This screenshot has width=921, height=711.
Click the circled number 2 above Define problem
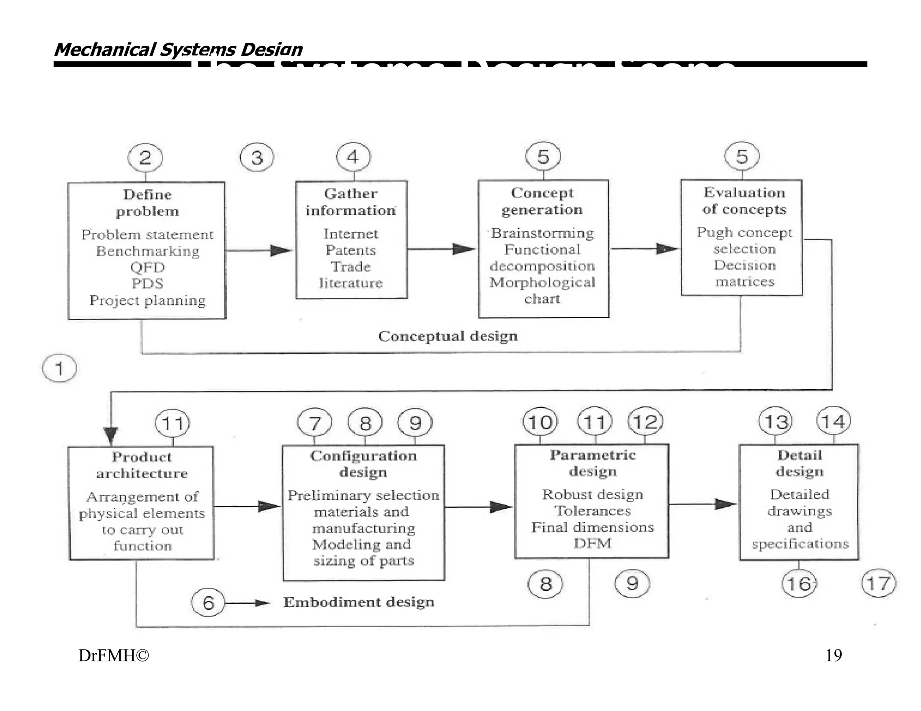pos(145,158)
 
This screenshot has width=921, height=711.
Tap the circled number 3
pos(257,157)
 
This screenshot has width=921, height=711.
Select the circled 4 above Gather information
pos(353,156)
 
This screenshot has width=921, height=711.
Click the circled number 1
pos(59,369)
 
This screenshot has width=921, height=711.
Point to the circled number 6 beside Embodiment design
pos(208,603)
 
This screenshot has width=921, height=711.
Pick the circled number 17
pos(878,584)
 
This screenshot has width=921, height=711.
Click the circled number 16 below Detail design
pos(799,584)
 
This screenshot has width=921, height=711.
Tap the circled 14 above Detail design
pos(833,421)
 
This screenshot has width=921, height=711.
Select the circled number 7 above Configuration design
pos(315,423)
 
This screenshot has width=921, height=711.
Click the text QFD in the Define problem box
pos(148,267)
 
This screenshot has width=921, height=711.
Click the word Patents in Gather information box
pos(351,250)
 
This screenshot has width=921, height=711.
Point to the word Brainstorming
pos(542,233)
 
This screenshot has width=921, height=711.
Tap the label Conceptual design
pos(448,336)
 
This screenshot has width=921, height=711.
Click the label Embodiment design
pos(359,602)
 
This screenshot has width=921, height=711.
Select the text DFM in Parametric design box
pos(592,543)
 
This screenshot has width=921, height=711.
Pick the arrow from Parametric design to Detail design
pos(703,504)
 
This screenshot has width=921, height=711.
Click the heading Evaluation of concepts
pos(744,201)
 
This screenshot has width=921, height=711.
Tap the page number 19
pos(833,656)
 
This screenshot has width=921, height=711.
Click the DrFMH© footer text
pos(113,656)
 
